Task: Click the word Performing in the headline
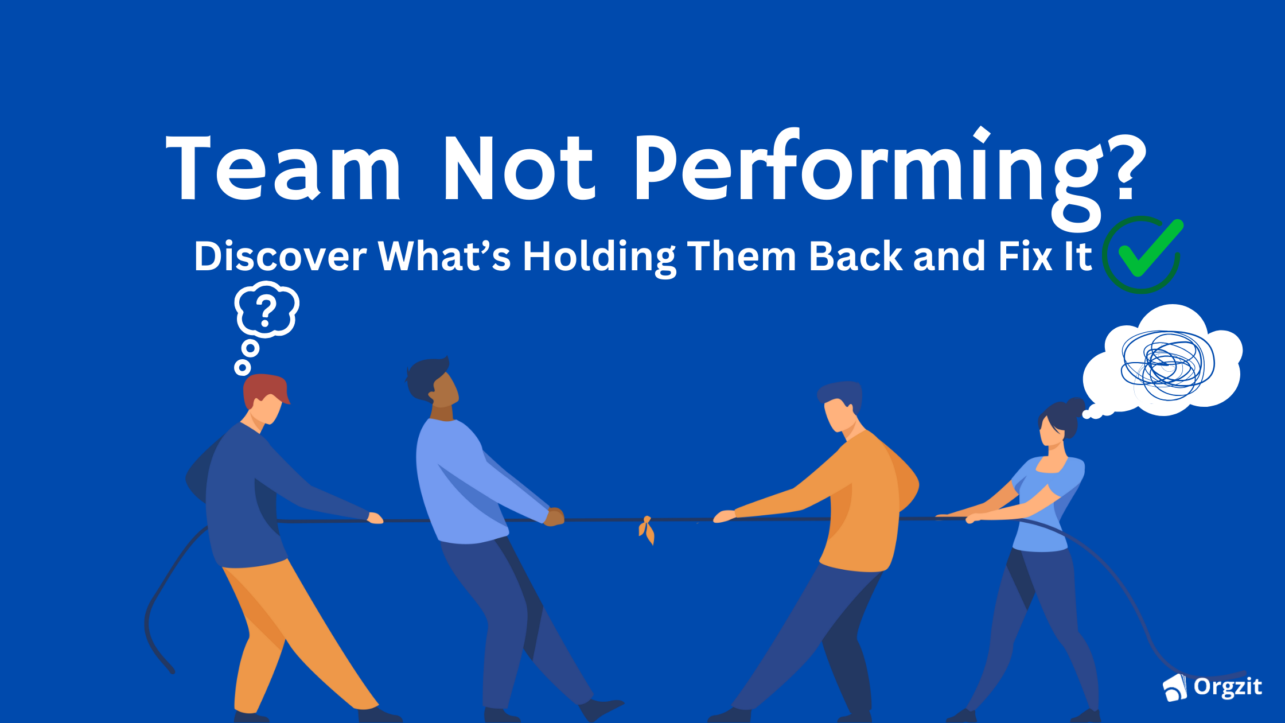click(866, 169)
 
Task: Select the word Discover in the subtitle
click(280, 256)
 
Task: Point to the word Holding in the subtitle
click(599, 256)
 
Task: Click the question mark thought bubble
click(266, 310)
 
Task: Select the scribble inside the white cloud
click(1167, 364)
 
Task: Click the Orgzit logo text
click(1228, 686)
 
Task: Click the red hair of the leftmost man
click(264, 387)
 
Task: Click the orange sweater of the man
click(860, 505)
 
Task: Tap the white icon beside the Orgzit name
click(1175, 687)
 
